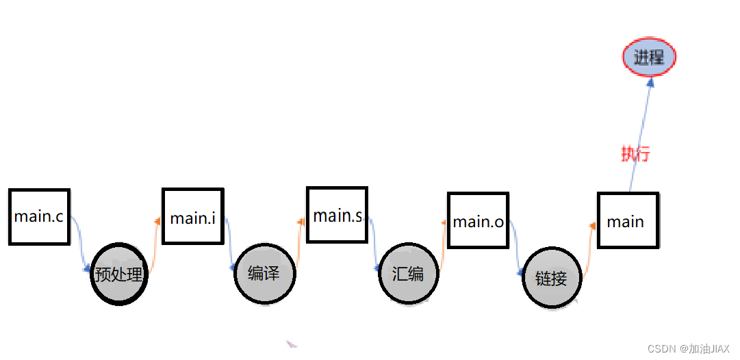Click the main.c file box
pos(39,216)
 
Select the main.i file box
pos(192,216)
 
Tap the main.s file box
pos(337,215)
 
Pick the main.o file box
pos(478,220)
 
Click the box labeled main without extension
pos(627,220)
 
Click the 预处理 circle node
pos(119,274)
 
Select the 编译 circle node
pos(264,274)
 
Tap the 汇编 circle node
pos(408,274)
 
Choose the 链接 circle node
pos(552,278)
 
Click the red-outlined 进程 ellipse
pos(649,57)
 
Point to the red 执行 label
pos(635,154)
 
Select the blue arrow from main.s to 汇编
pos(373,243)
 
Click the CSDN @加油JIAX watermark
pos(689,348)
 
